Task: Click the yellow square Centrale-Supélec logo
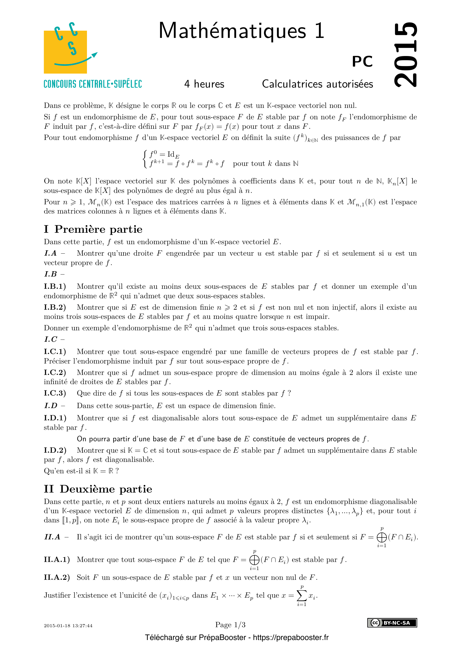(65, 51)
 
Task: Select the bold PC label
(362, 62)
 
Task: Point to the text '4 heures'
(204, 84)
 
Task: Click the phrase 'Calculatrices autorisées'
(317, 84)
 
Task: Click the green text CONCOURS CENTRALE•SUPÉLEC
(93, 84)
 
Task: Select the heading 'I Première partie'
(93, 229)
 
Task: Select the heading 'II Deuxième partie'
(98, 489)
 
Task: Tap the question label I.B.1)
(55, 286)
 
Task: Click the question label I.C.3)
(55, 393)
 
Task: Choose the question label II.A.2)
(57, 577)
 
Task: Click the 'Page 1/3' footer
(230, 625)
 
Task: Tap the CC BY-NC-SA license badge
(392, 623)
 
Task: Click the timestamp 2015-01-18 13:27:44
(68, 626)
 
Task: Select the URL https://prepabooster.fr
(291, 638)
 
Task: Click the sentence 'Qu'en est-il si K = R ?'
(81, 471)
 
